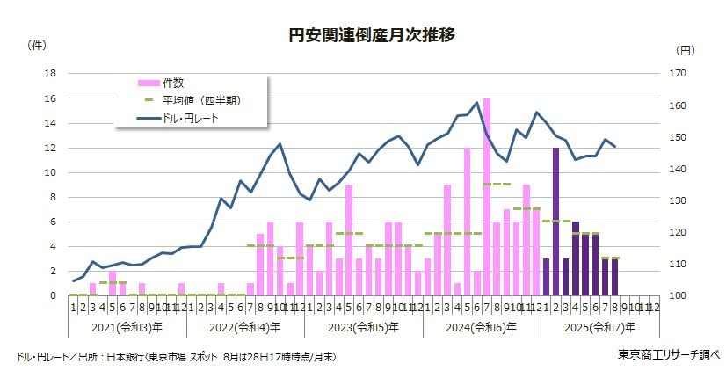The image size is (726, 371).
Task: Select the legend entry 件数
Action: [173, 84]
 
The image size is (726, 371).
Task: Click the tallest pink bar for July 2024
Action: [487, 197]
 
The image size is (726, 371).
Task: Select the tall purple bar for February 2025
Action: [555, 222]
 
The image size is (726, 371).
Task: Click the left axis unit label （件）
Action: [39, 44]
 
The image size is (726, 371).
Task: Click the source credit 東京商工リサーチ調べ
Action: [668, 355]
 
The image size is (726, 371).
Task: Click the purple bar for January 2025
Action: [546, 277]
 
